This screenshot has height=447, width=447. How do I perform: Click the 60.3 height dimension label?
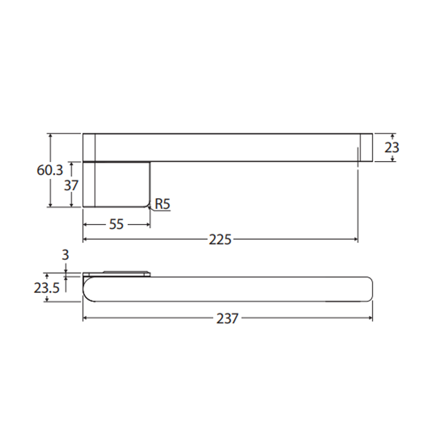[x=50, y=170]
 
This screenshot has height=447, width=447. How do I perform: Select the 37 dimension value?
[x=71, y=185]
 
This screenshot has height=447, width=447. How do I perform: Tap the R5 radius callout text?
[x=162, y=204]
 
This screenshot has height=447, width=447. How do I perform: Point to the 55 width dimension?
[x=116, y=224]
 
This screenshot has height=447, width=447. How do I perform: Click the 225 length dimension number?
[x=220, y=240]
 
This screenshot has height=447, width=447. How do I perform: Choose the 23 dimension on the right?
[x=392, y=147]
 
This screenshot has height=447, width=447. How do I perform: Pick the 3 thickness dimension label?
[x=65, y=255]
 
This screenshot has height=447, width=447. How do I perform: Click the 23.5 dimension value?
[x=47, y=288]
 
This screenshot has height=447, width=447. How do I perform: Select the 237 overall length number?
[x=227, y=318]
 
